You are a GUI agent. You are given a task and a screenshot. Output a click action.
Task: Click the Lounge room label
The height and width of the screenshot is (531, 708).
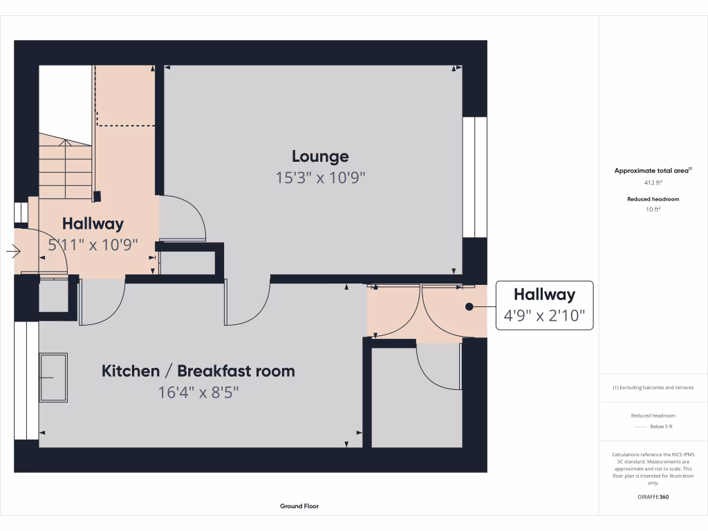point(320,156)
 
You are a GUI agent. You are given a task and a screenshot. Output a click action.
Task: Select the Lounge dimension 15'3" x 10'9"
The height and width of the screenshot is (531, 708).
point(320,178)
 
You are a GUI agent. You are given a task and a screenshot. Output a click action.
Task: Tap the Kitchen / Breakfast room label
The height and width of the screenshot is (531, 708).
point(198,371)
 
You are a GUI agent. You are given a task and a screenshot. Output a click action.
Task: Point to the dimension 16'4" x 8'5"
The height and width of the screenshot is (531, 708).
point(198,393)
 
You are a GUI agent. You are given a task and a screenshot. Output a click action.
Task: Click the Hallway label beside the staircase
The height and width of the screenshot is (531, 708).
point(93,223)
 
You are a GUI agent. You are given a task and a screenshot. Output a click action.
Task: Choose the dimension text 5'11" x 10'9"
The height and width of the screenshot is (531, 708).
point(93,244)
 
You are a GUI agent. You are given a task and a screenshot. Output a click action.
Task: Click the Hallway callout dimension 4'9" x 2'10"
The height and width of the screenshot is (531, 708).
point(544,317)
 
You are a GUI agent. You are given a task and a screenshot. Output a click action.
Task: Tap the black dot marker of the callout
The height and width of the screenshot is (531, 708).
point(469,306)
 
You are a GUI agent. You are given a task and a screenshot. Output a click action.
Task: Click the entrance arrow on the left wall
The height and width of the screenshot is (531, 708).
point(13,252)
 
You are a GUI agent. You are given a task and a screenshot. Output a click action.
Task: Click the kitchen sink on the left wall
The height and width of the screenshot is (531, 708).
point(54,378)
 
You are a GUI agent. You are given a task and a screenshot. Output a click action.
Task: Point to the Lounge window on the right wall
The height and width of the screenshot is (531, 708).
point(474,177)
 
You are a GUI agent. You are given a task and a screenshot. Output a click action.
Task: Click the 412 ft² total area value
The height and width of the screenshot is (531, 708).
point(653,183)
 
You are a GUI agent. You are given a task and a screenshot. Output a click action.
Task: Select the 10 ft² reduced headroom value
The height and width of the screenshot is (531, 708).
point(653,209)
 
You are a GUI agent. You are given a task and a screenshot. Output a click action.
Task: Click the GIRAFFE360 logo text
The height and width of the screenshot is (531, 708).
point(653,496)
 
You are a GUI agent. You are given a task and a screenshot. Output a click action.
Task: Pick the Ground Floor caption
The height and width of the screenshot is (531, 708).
point(299,506)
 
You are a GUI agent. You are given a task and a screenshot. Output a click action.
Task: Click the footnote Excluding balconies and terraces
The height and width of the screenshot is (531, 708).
point(653,387)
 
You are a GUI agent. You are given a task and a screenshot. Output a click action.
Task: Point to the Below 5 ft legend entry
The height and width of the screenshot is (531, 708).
point(653,427)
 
